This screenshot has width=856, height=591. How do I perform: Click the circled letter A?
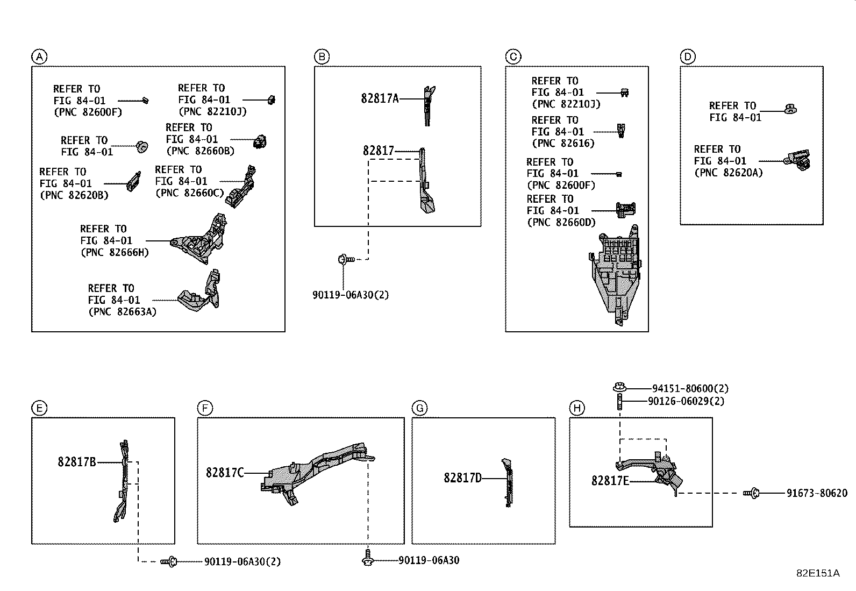tap(39, 56)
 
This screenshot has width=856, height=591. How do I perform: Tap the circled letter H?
tap(576, 408)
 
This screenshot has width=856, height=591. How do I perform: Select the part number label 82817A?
tap(380, 98)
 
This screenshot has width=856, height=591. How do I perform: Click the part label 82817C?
tap(225, 473)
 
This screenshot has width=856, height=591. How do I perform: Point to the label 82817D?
tap(462, 478)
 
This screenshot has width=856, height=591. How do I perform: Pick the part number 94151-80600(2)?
tap(690, 388)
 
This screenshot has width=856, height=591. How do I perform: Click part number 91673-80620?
tap(817, 493)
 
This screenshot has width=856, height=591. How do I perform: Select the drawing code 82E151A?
tap(817, 573)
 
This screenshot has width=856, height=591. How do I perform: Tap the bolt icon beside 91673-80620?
tap(751, 493)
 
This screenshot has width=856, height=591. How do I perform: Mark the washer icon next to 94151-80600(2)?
tap(619, 387)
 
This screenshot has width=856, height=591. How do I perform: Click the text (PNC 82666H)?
tap(115, 252)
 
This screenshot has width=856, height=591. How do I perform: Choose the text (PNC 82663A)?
tap(122, 311)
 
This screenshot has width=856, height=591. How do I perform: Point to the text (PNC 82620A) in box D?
tap(728, 173)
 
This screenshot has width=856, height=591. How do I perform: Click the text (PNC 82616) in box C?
tap(563, 144)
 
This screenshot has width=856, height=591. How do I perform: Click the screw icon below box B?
tap(345, 260)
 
